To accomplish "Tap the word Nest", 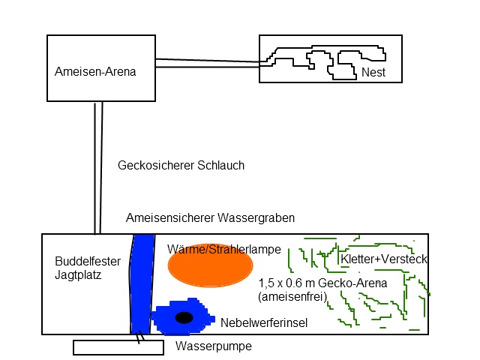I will tap(373, 73).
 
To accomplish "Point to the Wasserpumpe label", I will tap(213, 346).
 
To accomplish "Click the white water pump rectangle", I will tap(118, 347).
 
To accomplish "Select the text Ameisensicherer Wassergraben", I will tap(210, 217).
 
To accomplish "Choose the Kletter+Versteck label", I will tap(383, 259).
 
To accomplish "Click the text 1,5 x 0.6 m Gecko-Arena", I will tap(322, 283).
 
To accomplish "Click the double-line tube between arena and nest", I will tap(206, 64).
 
